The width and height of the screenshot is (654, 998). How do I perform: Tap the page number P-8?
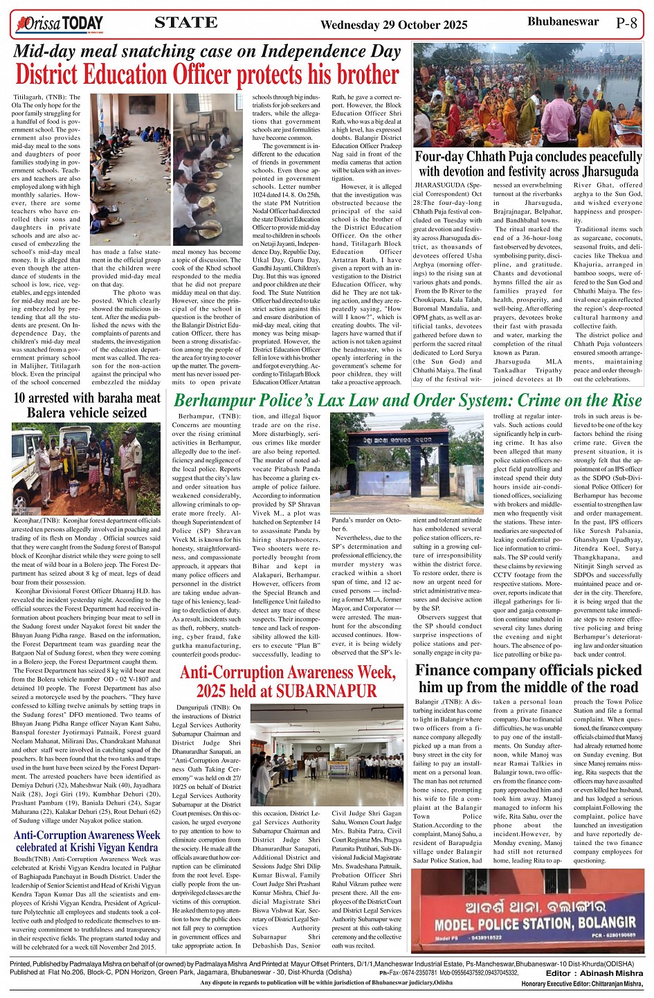pos(626,23)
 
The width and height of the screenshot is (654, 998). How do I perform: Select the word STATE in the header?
pos(185,23)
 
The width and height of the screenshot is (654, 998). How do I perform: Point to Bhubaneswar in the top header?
pos(563,21)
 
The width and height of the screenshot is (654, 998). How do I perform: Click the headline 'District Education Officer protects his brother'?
pos(207,75)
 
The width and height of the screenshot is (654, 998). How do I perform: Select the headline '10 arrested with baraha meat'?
pos(87,398)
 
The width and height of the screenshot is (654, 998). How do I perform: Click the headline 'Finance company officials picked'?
pos(528,670)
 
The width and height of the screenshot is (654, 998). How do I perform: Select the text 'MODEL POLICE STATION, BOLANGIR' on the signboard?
pos(525,924)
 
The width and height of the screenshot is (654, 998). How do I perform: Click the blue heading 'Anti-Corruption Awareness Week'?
pos(87,835)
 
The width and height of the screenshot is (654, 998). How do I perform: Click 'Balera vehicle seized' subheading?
pos(87,412)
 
